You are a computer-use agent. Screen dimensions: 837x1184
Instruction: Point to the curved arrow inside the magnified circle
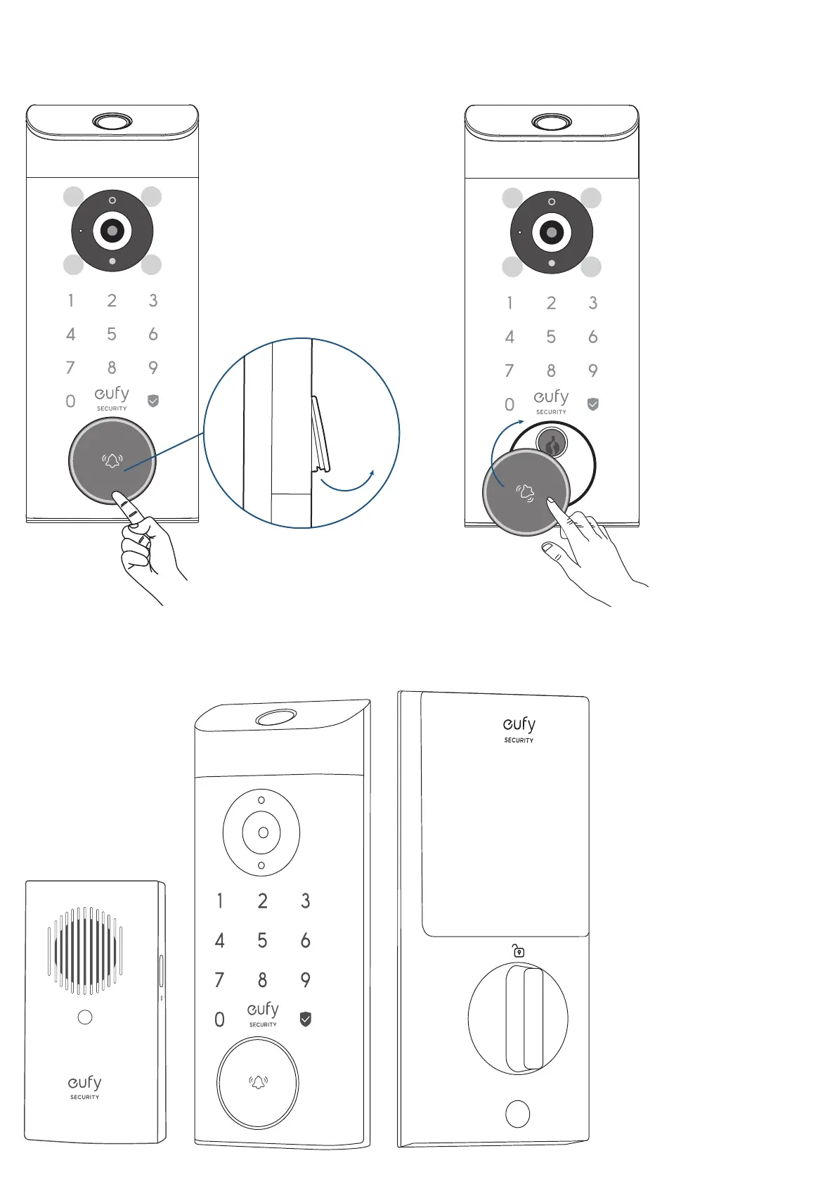click(347, 484)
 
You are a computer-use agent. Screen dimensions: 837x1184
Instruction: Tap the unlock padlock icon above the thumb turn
click(519, 951)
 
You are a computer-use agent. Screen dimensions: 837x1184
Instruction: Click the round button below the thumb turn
click(518, 1114)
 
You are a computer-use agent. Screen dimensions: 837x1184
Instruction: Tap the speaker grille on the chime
click(85, 951)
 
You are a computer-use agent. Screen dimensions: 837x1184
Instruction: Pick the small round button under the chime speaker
click(85, 1017)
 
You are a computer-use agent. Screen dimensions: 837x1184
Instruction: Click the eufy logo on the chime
click(85, 1086)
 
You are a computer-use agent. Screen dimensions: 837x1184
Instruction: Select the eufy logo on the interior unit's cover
click(519, 728)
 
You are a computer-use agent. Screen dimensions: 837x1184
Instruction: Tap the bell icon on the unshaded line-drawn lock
click(259, 1083)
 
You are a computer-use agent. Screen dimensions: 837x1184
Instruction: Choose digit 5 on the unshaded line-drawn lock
click(262, 941)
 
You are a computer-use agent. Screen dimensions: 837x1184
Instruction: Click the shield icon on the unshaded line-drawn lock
click(306, 1019)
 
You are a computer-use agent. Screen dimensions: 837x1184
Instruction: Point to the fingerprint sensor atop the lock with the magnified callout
click(112, 121)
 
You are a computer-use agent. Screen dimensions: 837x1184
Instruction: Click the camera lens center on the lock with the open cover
click(552, 232)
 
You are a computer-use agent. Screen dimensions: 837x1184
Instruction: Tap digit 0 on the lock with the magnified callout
click(70, 401)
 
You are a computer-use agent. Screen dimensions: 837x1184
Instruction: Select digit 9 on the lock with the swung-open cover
click(593, 371)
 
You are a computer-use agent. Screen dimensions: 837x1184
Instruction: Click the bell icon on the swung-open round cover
click(525, 492)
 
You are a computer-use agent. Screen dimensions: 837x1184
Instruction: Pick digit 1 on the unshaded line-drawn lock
click(220, 901)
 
